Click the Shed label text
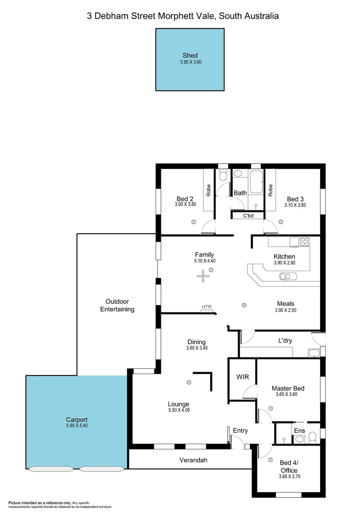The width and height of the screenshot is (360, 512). tap(190, 55)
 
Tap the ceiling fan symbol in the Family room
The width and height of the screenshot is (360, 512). tap(203, 277)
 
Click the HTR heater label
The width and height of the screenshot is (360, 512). tap(206, 307)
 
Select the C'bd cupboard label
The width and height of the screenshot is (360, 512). tap(248, 216)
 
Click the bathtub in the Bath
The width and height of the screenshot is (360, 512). tap(256, 183)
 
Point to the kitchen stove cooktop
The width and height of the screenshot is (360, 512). tap(305, 242)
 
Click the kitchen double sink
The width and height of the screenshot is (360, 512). tap(287, 276)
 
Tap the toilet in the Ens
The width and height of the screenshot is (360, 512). tap(313, 436)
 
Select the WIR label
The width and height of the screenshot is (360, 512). tap(242, 377)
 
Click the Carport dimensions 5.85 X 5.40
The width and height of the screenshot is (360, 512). tap(77, 426)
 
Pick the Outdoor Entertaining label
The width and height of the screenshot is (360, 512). tap(117, 305)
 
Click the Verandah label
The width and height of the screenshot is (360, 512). tap(193, 460)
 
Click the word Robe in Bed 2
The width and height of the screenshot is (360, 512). tap(208, 191)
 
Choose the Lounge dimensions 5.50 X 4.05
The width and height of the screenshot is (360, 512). tap(178, 410)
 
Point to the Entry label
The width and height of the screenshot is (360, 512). tap(240, 430)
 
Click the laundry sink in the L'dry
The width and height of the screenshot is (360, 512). tap(313, 352)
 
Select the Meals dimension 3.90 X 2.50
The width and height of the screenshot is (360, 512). tap(286, 311)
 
